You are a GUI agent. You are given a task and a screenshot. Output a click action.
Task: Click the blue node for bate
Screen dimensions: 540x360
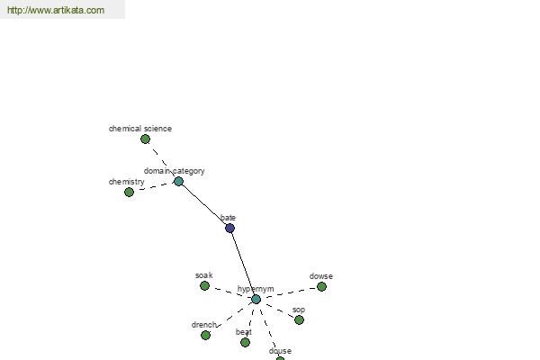pyautogui.click(x=229, y=228)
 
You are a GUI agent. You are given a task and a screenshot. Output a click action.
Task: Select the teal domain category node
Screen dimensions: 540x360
pyautogui.click(x=178, y=181)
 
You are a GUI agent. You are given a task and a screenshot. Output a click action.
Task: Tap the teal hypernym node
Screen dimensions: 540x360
pyautogui.click(x=256, y=299)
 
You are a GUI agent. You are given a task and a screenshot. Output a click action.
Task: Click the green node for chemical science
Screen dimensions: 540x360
pyautogui.click(x=145, y=139)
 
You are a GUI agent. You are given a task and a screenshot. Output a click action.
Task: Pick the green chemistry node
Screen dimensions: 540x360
pyautogui.click(x=129, y=193)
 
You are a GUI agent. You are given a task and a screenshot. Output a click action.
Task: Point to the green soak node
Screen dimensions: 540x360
pyautogui.click(x=204, y=285)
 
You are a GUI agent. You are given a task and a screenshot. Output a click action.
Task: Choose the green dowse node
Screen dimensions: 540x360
pyautogui.click(x=321, y=286)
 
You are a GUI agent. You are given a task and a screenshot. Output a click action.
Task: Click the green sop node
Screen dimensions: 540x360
pyautogui.click(x=300, y=320)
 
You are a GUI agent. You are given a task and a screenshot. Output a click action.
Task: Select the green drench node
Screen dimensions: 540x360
pyautogui.click(x=205, y=335)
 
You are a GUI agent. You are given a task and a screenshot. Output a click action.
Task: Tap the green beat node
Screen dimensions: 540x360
pyautogui.click(x=245, y=342)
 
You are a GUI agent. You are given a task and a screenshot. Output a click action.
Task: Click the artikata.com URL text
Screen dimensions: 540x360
pyautogui.click(x=56, y=10)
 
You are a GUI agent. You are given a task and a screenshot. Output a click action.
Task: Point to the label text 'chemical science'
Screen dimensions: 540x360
pyautogui.click(x=140, y=129)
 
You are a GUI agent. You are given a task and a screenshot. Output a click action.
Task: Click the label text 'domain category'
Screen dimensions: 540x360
pyautogui.click(x=175, y=171)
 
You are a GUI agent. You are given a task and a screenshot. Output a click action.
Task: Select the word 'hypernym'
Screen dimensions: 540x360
pyautogui.click(x=256, y=289)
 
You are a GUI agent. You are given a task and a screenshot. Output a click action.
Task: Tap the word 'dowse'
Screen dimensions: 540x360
pyautogui.click(x=321, y=276)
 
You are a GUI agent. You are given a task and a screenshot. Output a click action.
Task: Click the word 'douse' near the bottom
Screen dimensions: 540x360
pyautogui.click(x=280, y=351)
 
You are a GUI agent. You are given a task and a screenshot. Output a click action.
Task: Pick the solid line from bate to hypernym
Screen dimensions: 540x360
pyautogui.click(x=243, y=264)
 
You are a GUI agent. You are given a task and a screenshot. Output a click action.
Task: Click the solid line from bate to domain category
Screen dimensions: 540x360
pyautogui.click(x=204, y=204)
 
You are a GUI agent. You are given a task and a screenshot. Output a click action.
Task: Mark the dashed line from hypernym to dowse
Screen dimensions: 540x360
pyautogui.click(x=289, y=292)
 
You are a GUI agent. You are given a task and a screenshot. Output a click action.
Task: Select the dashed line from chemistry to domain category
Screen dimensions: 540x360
pyautogui.click(x=154, y=186)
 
